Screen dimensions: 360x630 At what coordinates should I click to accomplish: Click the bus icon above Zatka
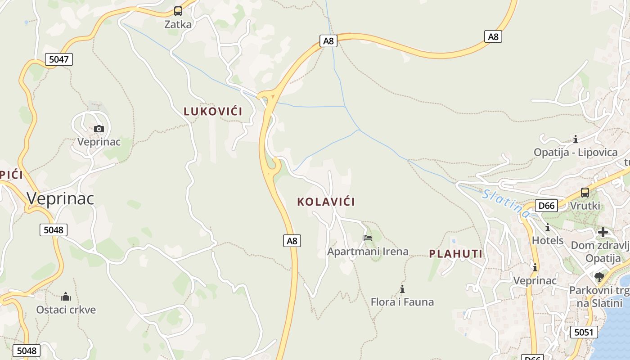pos(178,11)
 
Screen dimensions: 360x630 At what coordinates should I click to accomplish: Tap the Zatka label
pos(178,24)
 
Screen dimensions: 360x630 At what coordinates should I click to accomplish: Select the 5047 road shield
pos(58,59)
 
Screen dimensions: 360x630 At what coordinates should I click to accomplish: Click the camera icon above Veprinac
pos(99,129)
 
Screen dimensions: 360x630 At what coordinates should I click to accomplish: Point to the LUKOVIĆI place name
pos(213,111)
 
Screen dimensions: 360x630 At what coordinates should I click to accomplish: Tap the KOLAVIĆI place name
pos(326,202)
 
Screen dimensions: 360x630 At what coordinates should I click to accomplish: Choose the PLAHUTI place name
pos(455,254)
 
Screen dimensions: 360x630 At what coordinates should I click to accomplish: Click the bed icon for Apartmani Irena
pos(368,238)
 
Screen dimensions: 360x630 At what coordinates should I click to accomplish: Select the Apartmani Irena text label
pos(368,252)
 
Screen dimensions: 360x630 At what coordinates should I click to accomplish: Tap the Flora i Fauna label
pos(402,302)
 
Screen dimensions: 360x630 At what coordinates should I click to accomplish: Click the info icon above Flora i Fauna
pos(402,289)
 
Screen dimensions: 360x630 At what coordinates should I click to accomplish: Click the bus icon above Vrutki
pos(585,193)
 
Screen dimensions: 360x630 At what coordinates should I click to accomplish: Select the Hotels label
pos(548,240)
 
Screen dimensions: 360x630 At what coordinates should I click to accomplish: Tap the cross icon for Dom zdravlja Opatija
pos(603,232)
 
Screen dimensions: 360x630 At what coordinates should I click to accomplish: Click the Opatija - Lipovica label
pos(575,152)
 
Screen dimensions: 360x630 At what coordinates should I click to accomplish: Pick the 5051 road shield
pos(584,333)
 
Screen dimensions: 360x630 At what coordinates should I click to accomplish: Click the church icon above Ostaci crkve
pos(66,297)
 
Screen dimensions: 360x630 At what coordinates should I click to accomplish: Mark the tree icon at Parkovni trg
pos(599,277)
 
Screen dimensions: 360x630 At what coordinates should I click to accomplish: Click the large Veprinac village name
pos(60,198)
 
